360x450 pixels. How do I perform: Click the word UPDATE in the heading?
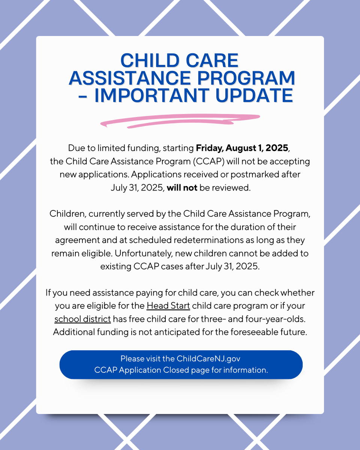(254, 96)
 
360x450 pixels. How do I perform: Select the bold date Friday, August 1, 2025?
(242, 148)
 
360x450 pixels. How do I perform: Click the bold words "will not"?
(182, 188)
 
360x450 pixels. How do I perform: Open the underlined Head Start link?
(168, 306)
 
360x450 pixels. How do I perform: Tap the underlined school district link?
(82, 319)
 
